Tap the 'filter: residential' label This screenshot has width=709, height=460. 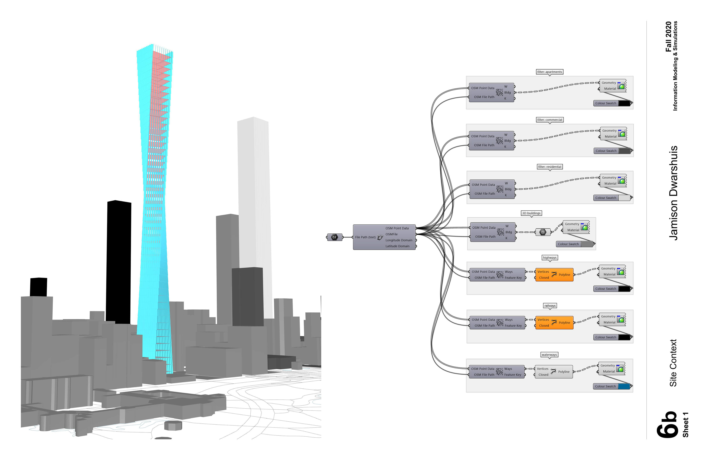pos(550,167)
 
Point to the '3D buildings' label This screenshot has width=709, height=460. pos(531,213)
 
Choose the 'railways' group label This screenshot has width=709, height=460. pos(550,306)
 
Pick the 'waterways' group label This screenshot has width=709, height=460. pos(549,355)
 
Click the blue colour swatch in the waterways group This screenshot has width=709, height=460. pos(624,386)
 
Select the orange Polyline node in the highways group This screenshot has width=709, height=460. pos(554,275)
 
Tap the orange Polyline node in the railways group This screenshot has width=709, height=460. pos(554,323)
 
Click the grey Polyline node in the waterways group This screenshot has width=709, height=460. pos(554,372)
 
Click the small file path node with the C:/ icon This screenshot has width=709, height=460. pos(335,237)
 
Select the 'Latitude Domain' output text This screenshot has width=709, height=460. pos(397,246)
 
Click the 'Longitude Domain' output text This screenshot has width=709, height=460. pos(399,240)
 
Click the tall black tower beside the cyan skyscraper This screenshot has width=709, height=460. pos(119,262)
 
